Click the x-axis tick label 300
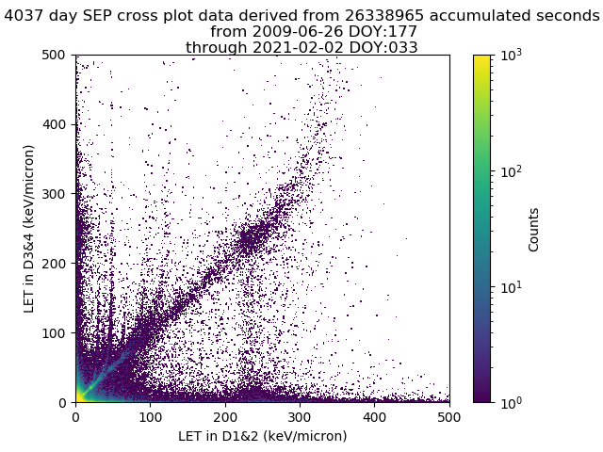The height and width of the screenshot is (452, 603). pos(300,416)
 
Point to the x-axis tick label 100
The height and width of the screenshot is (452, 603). pos(151,416)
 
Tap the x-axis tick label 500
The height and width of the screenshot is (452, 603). pos(449,416)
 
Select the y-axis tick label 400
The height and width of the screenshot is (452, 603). pos(57,124)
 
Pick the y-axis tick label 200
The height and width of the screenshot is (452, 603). pos(57,264)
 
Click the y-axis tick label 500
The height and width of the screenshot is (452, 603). pos(57,55)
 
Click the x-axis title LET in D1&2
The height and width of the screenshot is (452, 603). pos(262,436)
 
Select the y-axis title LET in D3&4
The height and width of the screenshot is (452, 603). pos(29,228)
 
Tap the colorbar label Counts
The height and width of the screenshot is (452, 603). pos(534,229)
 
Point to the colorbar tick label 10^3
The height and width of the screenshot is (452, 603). pos(509,56)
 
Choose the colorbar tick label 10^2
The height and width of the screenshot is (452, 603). pos(509,170)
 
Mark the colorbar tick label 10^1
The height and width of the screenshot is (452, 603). pos(509,286)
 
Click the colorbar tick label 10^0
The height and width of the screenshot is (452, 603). pos(509,402)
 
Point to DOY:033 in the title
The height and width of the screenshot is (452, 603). pos(383,48)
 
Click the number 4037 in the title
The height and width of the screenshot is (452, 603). pos(24,15)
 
